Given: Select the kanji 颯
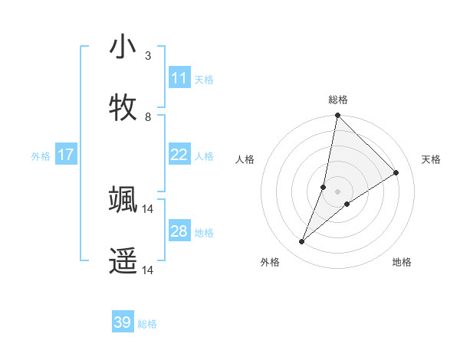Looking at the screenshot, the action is [123, 199].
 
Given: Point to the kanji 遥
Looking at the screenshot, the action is [123, 260].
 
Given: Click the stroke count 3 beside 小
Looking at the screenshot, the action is [148, 56].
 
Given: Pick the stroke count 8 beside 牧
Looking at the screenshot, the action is [148, 117].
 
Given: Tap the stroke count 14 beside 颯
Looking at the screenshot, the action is [148, 208].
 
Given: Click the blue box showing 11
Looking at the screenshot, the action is [179, 78].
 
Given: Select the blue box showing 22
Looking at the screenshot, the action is [179, 155].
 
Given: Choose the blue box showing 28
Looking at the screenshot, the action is [179, 231].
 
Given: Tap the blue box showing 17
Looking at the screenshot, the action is [66, 155].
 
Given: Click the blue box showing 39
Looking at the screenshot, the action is [123, 322].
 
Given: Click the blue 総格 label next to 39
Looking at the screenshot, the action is [148, 324].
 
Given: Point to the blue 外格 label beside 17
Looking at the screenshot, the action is [41, 156].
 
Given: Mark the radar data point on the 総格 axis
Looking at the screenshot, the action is [337, 115].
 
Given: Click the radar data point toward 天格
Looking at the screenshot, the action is [396, 172].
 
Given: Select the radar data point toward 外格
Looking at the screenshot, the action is [302, 242].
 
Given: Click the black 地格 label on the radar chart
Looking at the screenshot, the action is [402, 263].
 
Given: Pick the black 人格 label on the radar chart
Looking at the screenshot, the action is [245, 159].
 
